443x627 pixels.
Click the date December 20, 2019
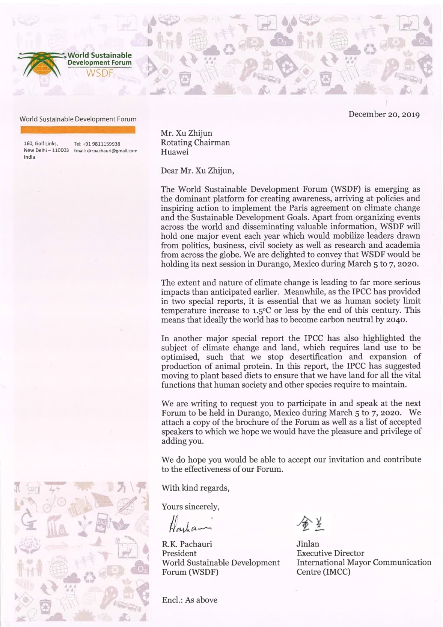(x=384, y=115)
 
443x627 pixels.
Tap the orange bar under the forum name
(x=78, y=130)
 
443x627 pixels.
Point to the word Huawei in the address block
(x=175, y=152)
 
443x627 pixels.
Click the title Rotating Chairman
(x=195, y=143)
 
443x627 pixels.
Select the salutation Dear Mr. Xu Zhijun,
(x=197, y=171)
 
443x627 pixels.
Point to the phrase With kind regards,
(x=195, y=488)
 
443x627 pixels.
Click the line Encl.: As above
(x=190, y=600)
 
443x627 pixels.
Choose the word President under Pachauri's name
(x=179, y=553)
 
